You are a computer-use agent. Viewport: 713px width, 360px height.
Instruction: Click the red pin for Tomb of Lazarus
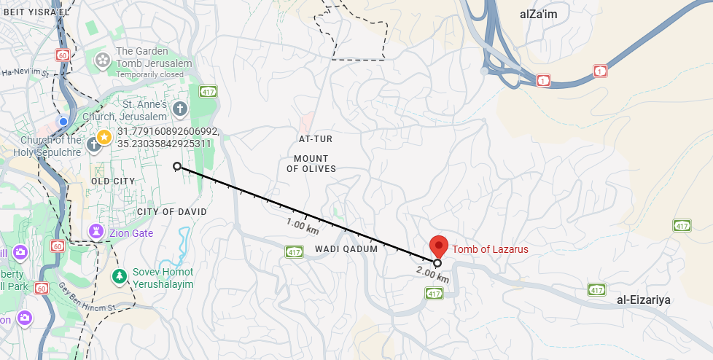pos(437,246)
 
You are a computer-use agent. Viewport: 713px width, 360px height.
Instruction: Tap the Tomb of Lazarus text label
pos(490,249)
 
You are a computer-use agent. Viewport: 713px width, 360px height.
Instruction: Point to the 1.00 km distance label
pos(303,226)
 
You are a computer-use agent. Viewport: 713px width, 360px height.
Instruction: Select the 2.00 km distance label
pos(432,275)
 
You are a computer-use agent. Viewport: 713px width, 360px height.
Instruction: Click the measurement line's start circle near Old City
pos(177,167)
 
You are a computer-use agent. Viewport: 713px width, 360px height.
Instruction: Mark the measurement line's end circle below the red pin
pos(437,263)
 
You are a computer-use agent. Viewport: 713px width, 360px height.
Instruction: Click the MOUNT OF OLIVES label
pos(311,163)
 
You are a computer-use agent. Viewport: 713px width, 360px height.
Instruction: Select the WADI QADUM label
pos(346,249)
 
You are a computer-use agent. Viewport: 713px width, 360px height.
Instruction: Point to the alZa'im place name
pos(537,15)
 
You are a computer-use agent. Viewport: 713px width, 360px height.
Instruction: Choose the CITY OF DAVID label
pos(172,211)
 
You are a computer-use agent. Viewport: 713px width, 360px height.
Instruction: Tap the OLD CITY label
pos(113,181)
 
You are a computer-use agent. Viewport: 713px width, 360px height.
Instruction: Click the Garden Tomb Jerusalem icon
pos(103,58)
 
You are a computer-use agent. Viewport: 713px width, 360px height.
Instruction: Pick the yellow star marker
pos(104,136)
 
